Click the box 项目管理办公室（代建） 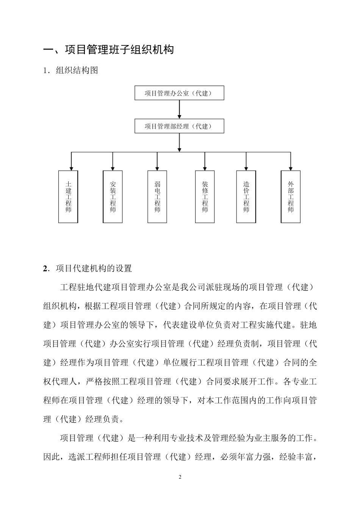coord(179,93)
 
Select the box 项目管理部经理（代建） coord(179,126)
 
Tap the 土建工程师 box coord(68,197)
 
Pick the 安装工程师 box coord(113,197)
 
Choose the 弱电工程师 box coord(157,197)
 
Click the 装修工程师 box coord(205,197)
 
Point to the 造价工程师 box coord(246,197)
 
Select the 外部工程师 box coord(291,197)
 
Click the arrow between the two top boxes coord(179,110)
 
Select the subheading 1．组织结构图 coord(71,70)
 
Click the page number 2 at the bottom coord(180,477)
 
